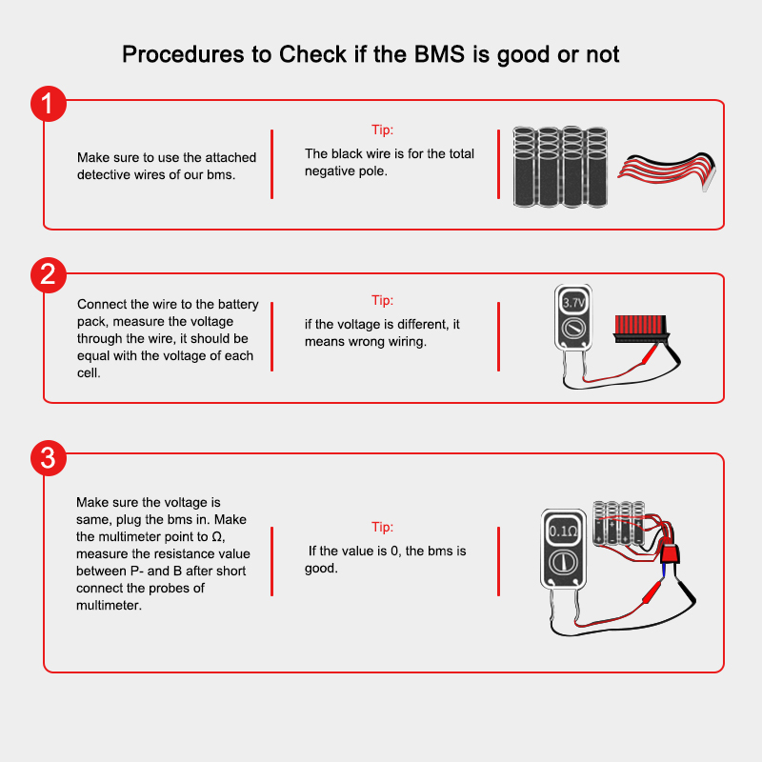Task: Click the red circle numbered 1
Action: (49, 104)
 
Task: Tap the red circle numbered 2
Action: (49, 275)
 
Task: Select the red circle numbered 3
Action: (49, 458)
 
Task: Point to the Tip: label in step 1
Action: (383, 130)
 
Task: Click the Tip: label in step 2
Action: (383, 300)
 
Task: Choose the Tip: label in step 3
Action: (383, 527)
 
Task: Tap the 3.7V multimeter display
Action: (573, 303)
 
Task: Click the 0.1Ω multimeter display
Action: (563, 531)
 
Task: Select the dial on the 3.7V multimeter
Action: (573, 329)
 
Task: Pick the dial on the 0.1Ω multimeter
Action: (563, 563)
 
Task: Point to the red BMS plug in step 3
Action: (671, 553)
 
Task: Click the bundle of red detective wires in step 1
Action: (667, 170)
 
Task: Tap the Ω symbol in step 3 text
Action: (217, 536)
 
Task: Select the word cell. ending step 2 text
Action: (89, 372)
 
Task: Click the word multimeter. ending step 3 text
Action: (109, 605)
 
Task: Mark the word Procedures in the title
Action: (183, 54)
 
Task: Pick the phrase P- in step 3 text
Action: (137, 571)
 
